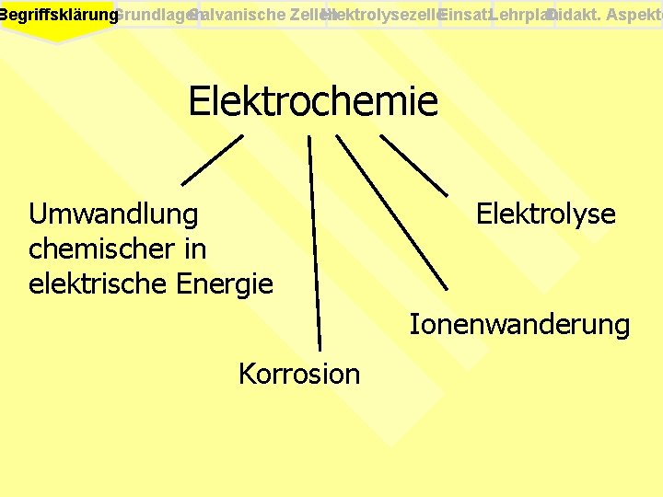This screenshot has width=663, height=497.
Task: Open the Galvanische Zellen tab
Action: point(262,15)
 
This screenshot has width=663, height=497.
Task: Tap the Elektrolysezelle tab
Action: point(381,15)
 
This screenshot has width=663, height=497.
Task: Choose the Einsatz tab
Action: point(465,15)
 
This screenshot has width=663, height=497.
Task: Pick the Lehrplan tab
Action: point(522,15)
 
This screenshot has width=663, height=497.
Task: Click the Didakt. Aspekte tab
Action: point(608,15)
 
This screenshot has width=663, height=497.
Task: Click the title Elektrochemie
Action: point(313,101)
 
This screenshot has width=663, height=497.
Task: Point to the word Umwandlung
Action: point(113,214)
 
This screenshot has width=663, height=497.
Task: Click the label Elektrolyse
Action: point(545,214)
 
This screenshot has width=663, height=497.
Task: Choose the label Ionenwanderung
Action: point(519,324)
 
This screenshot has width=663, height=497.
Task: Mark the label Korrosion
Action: point(299,374)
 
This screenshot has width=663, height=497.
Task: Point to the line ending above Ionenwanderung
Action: point(391,212)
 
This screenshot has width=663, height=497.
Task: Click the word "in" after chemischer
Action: point(194,248)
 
